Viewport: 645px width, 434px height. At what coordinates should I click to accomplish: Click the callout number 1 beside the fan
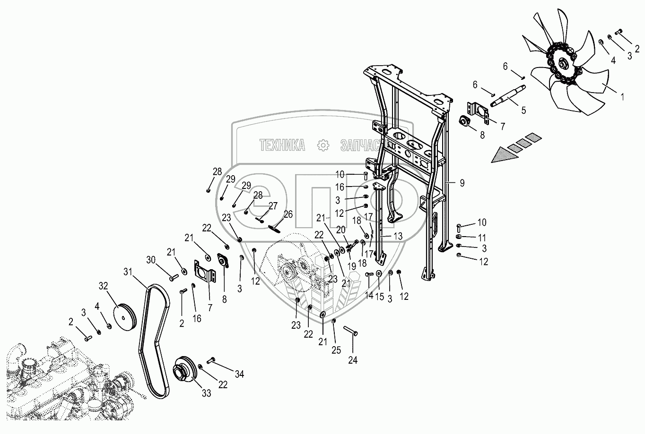coord(622,97)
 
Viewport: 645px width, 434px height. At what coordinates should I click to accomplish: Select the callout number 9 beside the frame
coord(462,183)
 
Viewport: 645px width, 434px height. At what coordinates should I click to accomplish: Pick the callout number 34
coord(239,374)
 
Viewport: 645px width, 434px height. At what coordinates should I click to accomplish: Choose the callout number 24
coord(352,360)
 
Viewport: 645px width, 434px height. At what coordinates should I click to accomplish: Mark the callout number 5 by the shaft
coord(523,111)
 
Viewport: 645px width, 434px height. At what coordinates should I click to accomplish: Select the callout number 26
coord(288,214)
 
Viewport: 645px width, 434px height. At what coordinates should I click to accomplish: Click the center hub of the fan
coord(562,64)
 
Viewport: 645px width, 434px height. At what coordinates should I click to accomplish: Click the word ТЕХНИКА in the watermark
coord(282,145)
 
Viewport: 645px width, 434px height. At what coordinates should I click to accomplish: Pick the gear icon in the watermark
coord(322,145)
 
